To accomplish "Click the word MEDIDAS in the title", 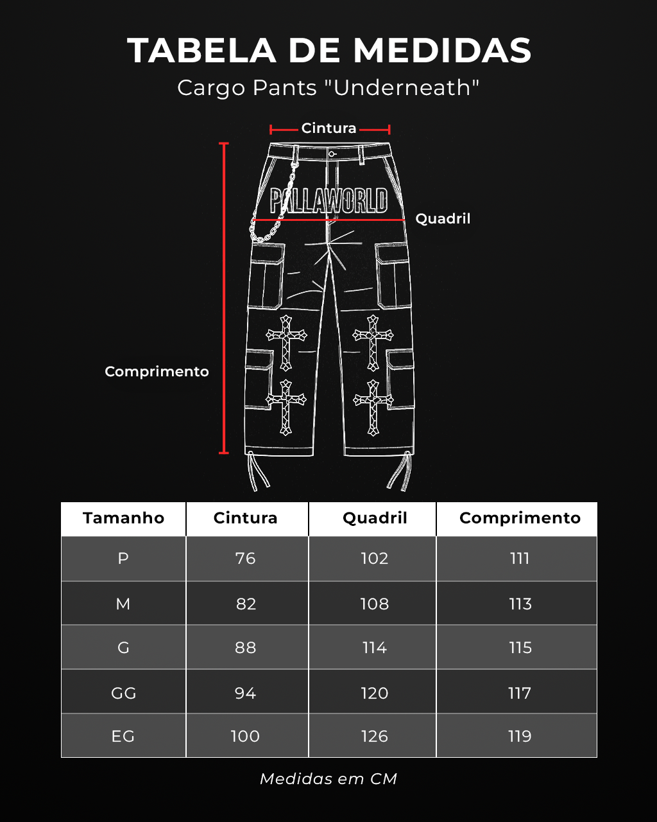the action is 442,50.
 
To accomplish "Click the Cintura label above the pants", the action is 328,128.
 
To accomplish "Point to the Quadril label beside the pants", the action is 443,219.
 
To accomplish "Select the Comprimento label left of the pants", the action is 157,372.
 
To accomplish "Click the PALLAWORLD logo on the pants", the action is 328,200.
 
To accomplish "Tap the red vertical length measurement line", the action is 224,298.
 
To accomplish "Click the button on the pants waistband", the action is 331,154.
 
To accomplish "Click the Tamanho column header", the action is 124,518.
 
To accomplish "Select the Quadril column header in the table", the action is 375,518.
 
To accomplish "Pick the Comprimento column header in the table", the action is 520,519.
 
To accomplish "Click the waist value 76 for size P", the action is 246,559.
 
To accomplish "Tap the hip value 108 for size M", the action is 375,604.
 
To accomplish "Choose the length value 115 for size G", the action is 520,648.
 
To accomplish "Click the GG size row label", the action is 123,693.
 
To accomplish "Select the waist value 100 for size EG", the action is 245,736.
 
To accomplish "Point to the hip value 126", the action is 375,736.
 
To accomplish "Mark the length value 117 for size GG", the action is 520,693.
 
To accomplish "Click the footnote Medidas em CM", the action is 328,779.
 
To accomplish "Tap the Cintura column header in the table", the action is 246,518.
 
